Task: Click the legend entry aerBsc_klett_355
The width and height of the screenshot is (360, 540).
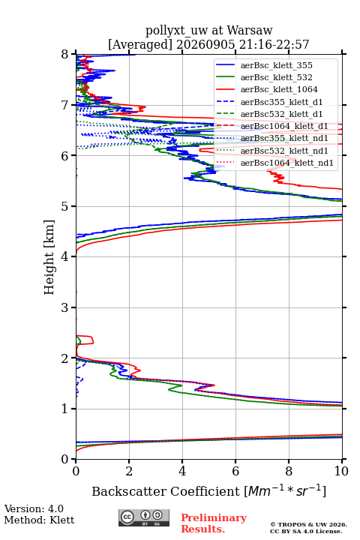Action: pyautogui.click(x=276, y=65)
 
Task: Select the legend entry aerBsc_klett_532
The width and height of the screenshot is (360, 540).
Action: pyautogui.click(x=276, y=77)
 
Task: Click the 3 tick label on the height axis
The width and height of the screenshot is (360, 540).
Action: pyautogui.click(x=65, y=307)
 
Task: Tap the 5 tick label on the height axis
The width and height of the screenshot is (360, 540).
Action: pyautogui.click(x=65, y=206)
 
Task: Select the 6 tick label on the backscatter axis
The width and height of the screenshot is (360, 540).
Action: pyautogui.click(x=235, y=471)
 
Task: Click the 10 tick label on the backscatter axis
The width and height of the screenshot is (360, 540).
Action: pyautogui.click(x=342, y=471)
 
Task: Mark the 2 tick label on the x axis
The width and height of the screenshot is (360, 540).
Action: pyautogui.click(x=129, y=471)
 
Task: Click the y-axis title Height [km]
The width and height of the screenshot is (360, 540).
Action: pyautogui.click(x=49, y=257)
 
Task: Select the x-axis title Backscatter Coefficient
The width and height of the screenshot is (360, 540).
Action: pyautogui.click(x=166, y=491)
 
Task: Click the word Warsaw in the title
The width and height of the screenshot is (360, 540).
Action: pyautogui.click(x=250, y=31)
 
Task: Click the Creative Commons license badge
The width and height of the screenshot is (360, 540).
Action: pyautogui.click(x=144, y=518)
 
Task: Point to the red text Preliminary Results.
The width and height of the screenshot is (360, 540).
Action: pyautogui.click(x=214, y=523)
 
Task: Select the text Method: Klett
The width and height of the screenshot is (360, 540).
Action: pyautogui.click(x=39, y=520)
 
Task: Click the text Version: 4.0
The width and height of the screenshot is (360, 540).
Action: pyautogui.click(x=34, y=508)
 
